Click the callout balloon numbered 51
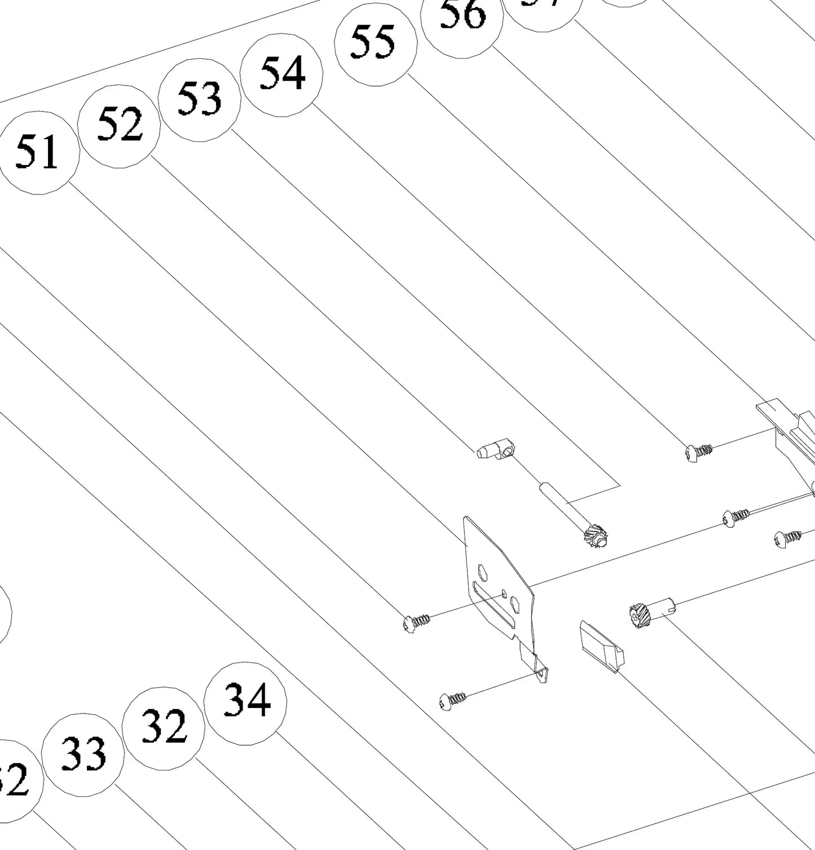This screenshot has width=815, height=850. pos(37,153)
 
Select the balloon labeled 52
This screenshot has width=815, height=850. pos(119,126)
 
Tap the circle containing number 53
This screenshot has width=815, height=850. pos(200,100)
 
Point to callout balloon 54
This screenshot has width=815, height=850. pos(281,74)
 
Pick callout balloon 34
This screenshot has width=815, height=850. pos(245,703)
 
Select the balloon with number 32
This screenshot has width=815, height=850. pos(164,728)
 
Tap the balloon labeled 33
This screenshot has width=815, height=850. pos(83,755)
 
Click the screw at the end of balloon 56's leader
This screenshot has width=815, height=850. pos(698,451)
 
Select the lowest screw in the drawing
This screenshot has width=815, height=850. pos(452,701)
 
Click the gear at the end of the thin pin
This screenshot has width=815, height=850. pos(596,535)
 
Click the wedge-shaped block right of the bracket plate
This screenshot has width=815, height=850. pos(601,645)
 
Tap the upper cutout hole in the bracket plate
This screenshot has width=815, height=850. pos(483,572)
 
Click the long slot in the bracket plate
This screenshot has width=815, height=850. pos(494,606)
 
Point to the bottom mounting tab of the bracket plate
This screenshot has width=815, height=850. pos(541,673)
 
